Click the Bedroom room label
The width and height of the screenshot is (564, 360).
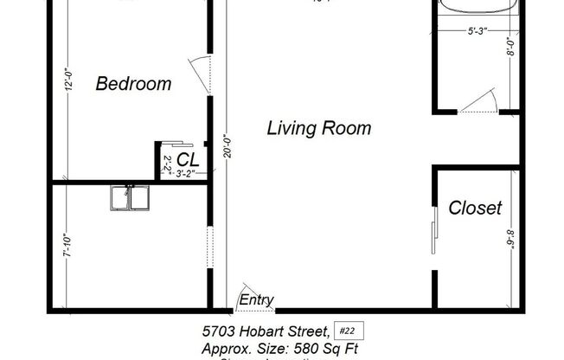(132, 84)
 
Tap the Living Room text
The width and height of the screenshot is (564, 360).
(318, 129)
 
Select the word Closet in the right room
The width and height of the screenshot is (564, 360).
(475, 208)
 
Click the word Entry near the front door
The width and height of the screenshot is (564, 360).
(257, 300)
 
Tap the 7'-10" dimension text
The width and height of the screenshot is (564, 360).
(66, 252)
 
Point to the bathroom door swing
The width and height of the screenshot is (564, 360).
(478, 103)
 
